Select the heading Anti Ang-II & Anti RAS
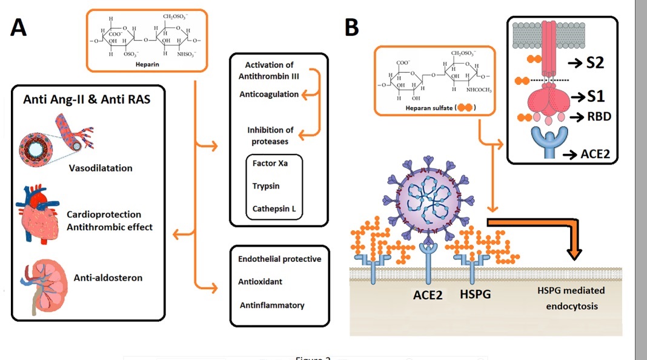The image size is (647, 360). tap(87, 99)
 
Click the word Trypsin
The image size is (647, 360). tap(266, 186)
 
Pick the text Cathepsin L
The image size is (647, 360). tap(274, 209)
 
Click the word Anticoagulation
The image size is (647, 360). tap(269, 95)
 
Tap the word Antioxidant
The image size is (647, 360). tap(260, 282)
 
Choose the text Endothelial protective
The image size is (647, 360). tap(279, 259)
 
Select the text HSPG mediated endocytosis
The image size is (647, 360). tap(571, 298)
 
